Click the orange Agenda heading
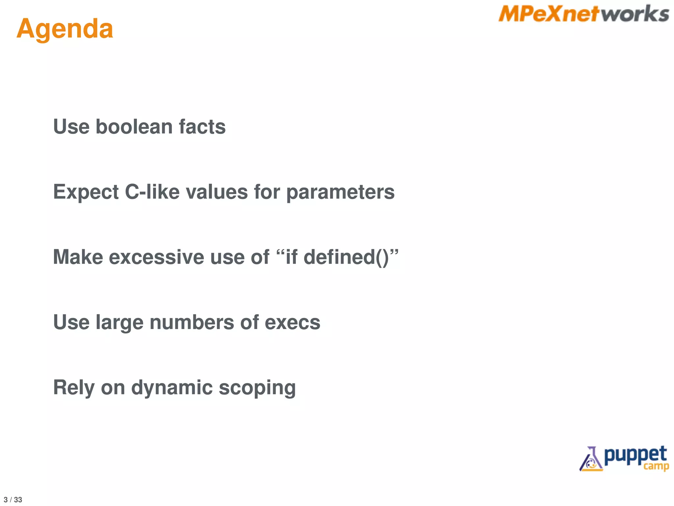[x=65, y=29]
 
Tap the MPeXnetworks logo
[x=583, y=14]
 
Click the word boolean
[x=134, y=127]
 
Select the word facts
[x=202, y=127]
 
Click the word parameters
[x=340, y=192]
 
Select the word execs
[x=292, y=322]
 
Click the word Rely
[x=74, y=388]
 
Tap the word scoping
[x=257, y=388]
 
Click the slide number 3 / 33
[x=13, y=500]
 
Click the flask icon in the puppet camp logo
[x=591, y=460]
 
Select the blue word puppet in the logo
[x=635, y=456]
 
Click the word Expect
[x=86, y=192]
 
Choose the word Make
[x=78, y=257]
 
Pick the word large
[x=119, y=323]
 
